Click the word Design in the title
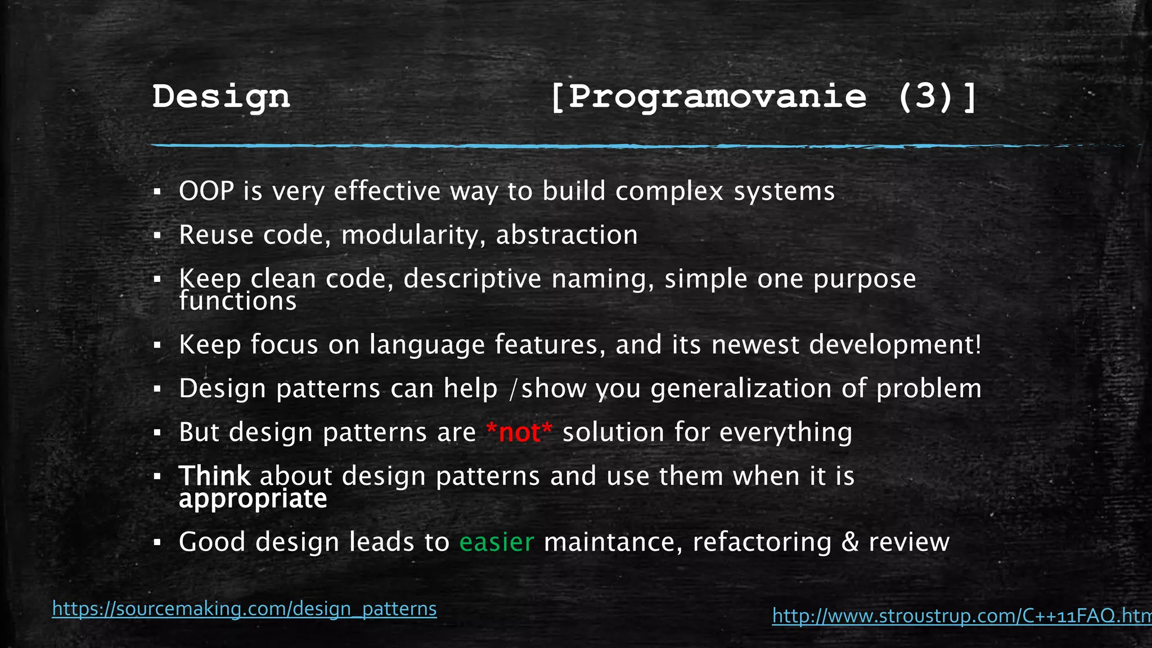tap(221, 97)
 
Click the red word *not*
tap(519, 433)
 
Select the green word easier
tap(497, 542)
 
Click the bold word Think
tap(214, 476)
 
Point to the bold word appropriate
tap(253, 499)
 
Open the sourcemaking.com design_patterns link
tap(244, 609)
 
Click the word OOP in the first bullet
tap(206, 191)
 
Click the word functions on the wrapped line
tap(237, 301)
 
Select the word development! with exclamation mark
tap(895, 345)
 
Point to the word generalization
tap(741, 389)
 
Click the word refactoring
tap(762, 542)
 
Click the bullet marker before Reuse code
tap(157, 236)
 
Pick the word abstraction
tap(566, 235)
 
